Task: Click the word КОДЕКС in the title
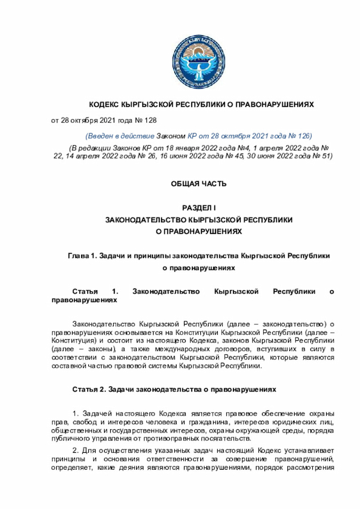tap(105, 105)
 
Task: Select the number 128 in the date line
tap(150, 120)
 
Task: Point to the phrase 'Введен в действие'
tap(119, 136)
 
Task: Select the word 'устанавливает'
tap(312, 451)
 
